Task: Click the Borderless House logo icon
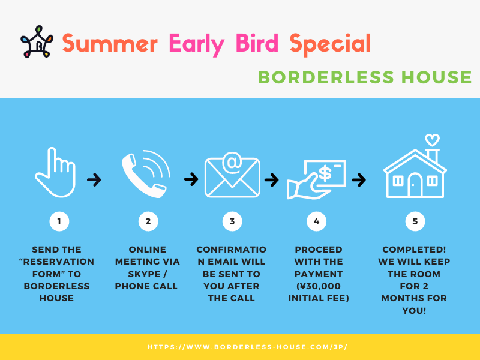coord(37,41)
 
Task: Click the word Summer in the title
coord(110,43)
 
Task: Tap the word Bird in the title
coord(257,43)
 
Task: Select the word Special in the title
coord(330,44)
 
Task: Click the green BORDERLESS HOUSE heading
coord(365,77)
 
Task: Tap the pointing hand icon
coord(55,172)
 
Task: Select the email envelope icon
coord(232,175)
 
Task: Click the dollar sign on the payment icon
coord(325,173)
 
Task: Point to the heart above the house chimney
coord(432,140)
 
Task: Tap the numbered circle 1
coord(59,221)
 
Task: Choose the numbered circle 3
coord(232,221)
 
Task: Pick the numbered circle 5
coord(415,221)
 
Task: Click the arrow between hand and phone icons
coord(94,179)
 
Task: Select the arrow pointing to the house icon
coord(359,179)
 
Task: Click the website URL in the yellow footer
coord(247,347)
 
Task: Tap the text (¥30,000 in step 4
coord(319,286)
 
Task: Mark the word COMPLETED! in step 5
coord(414,250)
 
